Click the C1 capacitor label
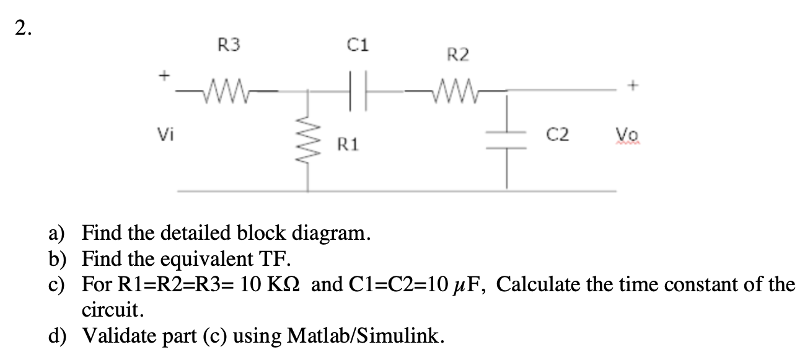coord(359,45)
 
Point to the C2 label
coord(555,133)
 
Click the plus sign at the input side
coord(164,76)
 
